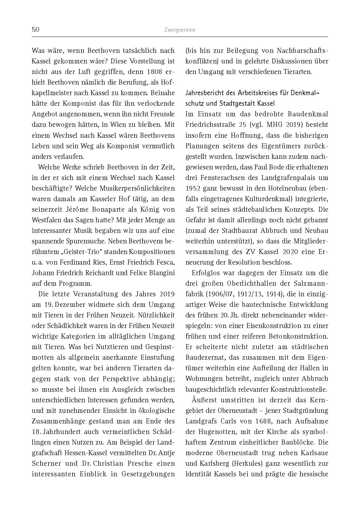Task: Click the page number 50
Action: pyautogui.click(x=35, y=30)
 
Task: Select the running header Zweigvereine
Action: pyautogui.click(x=180, y=30)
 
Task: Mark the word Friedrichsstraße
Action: pyautogui.click(x=209, y=125)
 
